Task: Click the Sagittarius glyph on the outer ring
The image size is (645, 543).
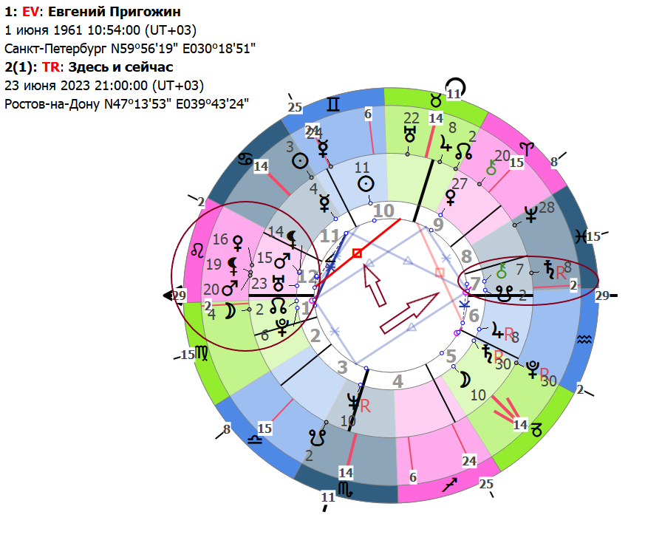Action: pyautogui.click(x=449, y=485)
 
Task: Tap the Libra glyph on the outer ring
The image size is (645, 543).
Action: pyautogui.click(x=255, y=441)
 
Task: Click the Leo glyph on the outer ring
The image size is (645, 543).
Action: pyautogui.click(x=199, y=249)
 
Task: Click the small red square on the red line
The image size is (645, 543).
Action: pyautogui.click(x=357, y=253)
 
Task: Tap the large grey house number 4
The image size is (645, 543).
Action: pyautogui.click(x=397, y=381)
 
